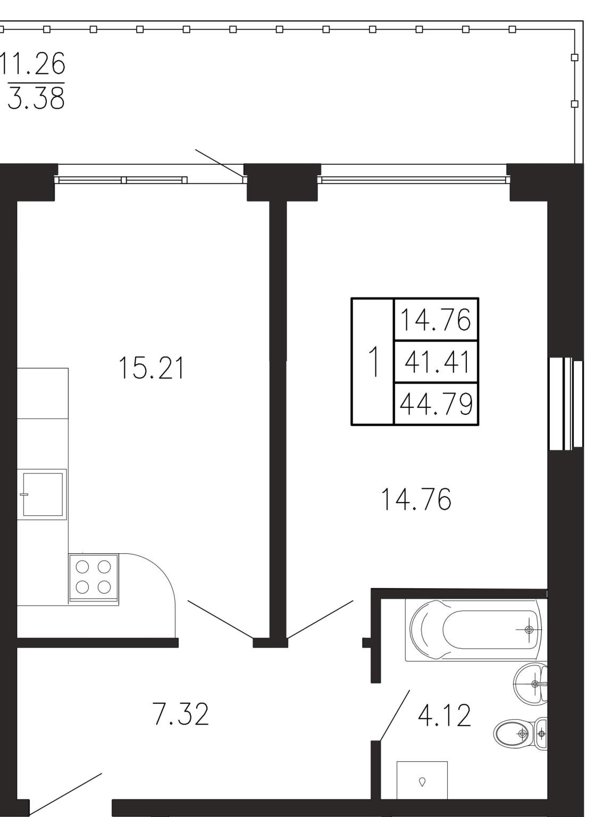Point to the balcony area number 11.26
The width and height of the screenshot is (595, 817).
[33, 63]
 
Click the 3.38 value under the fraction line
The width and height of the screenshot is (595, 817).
[36, 98]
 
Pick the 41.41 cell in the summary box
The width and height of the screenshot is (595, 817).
[437, 362]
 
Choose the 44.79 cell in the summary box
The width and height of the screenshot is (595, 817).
[436, 404]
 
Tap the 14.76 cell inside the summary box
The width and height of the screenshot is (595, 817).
[435, 320]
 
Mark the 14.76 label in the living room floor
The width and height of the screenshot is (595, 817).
[416, 499]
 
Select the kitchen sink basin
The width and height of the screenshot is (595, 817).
[43, 495]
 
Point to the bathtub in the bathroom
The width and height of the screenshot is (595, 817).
[476, 630]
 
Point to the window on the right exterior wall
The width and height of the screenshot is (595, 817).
[566, 404]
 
